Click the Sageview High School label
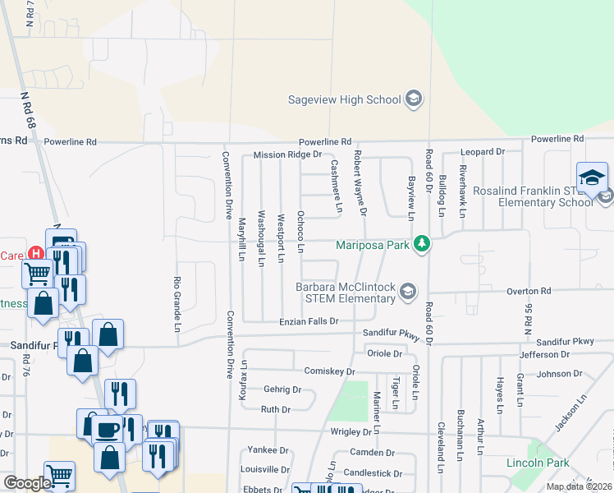point(344,100)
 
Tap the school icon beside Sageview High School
point(414,100)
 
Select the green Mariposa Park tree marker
point(422,244)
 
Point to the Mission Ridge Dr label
point(287,154)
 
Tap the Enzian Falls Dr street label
point(309,321)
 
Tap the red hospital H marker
point(35,255)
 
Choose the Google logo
point(26,483)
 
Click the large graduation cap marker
point(592,177)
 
